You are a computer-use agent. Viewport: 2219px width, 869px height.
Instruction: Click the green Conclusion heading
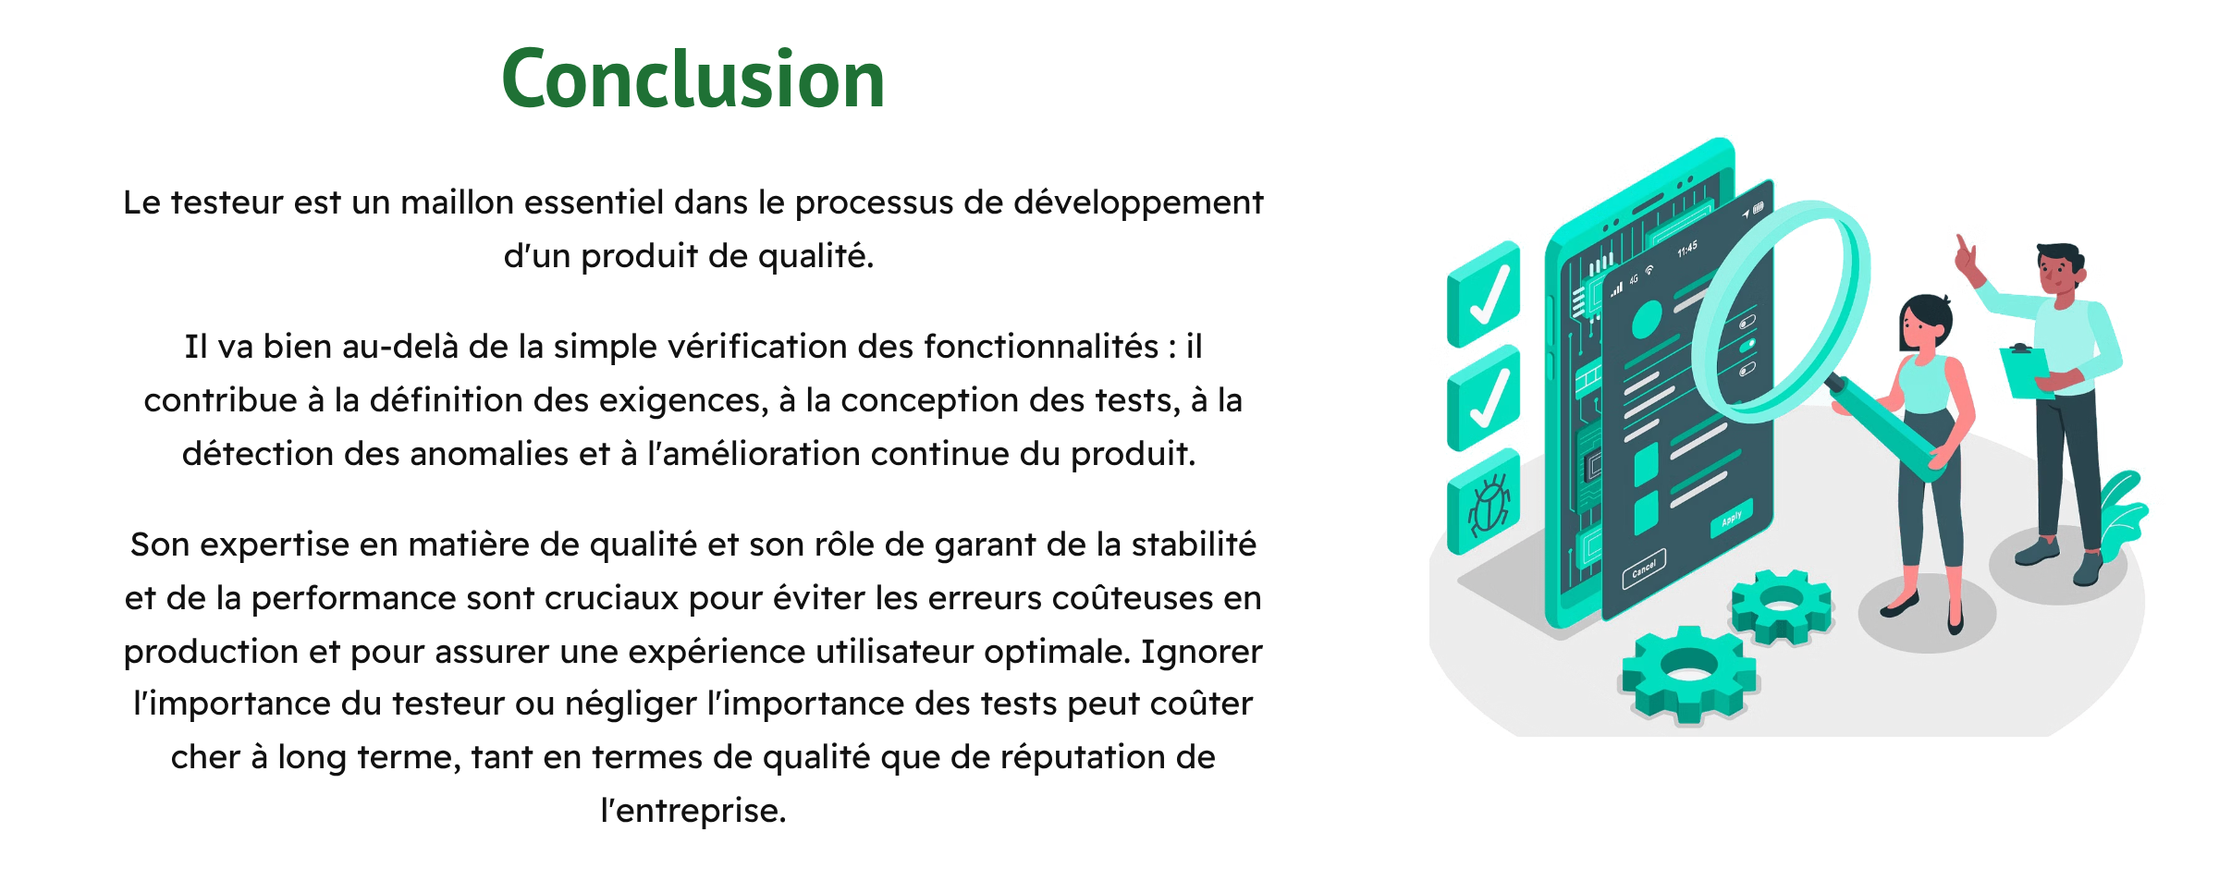pos(693,80)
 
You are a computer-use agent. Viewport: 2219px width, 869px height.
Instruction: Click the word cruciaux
pos(610,598)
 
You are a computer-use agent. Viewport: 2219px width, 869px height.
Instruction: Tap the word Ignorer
pos(1201,653)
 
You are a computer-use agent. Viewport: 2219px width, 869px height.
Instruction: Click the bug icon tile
pos(1484,501)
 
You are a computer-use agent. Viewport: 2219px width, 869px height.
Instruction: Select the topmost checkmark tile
pos(1484,294)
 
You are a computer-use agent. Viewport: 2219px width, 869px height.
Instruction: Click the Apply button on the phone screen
pos(1732,518)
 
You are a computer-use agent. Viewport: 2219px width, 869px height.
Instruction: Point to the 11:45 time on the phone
pos(1687,250)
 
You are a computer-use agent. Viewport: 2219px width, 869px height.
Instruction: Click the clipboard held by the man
pos(2027,370)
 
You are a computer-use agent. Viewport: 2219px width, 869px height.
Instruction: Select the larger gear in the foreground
pos(1689,674)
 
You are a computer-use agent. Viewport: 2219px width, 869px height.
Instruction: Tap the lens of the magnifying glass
pos(1780,310)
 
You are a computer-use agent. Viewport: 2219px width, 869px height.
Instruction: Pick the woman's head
pos(1925,324)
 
